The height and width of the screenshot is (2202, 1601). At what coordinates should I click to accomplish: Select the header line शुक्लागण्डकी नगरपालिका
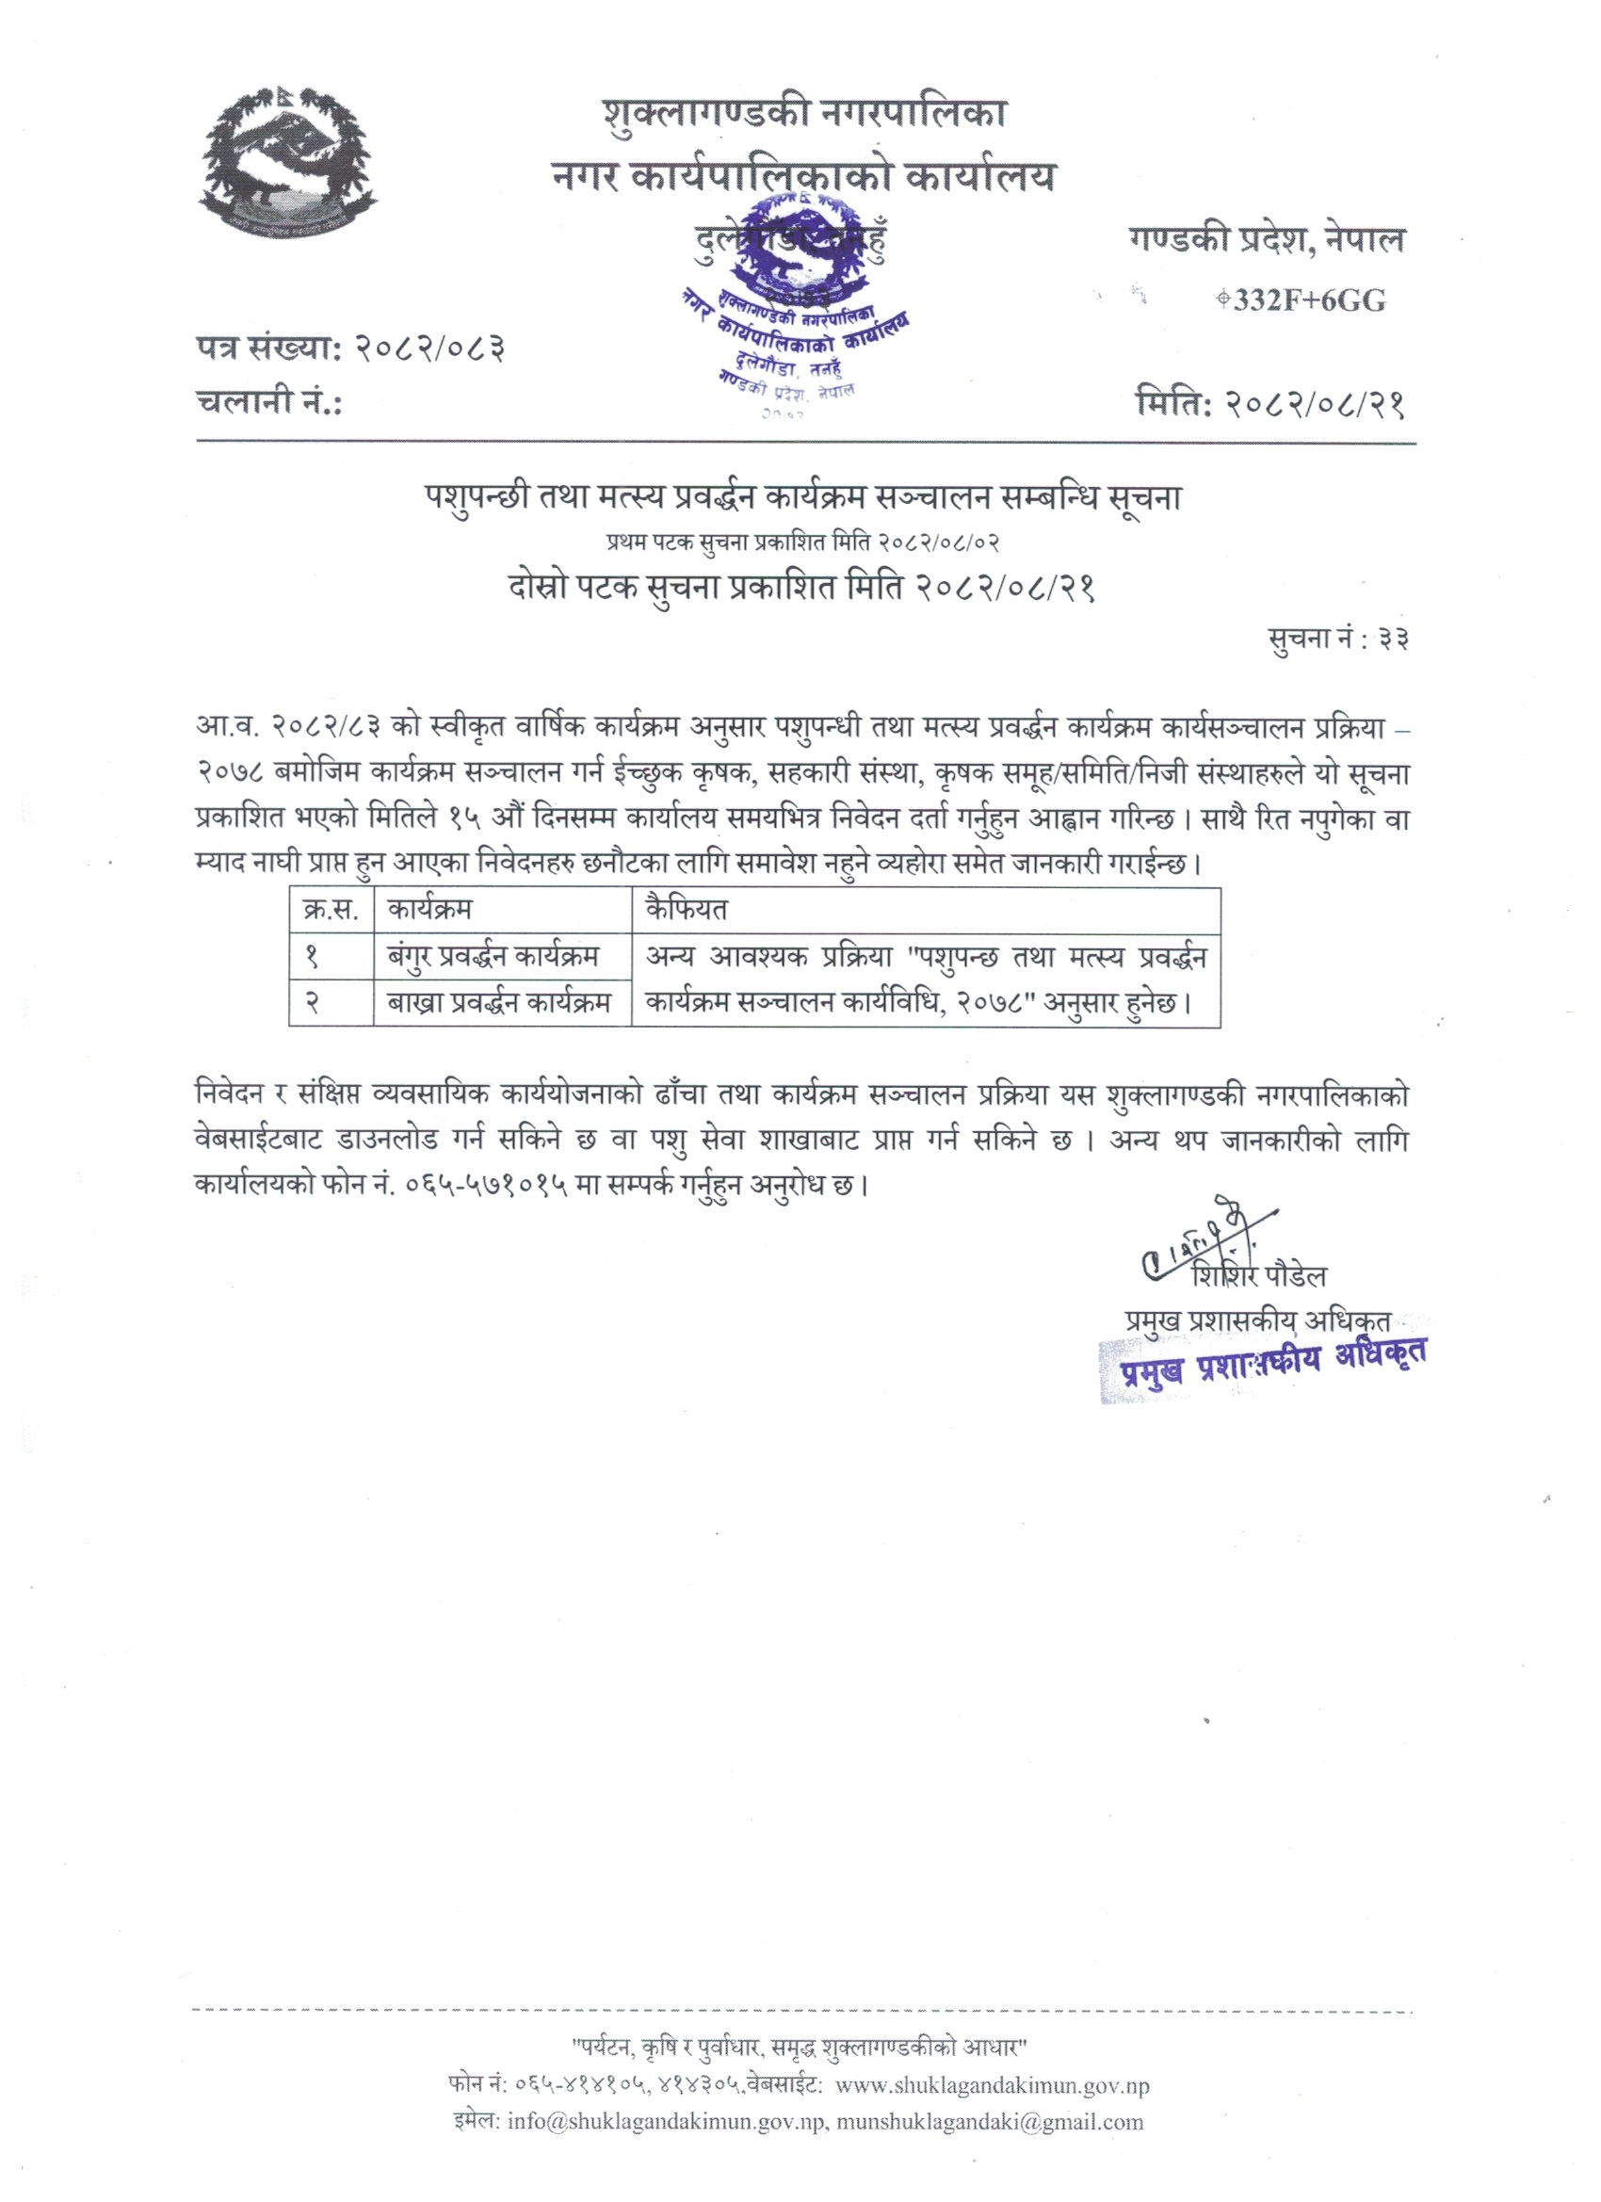(x=804, y=115)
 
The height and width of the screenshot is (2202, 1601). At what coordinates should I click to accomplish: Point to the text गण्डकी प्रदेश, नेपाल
(x=1267, y=239)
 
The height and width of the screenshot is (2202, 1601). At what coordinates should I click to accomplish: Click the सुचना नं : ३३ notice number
(x=1338, y=638)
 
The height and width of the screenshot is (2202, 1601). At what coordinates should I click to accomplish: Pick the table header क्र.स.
(x=331, y=910)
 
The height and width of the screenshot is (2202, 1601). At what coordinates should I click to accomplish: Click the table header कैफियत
(x=686, y=910)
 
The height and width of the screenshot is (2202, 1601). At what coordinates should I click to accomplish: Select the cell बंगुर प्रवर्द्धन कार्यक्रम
(x=493, y=956)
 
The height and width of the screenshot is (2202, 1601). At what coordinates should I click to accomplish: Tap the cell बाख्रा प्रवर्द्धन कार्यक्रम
(x=499, y=1003)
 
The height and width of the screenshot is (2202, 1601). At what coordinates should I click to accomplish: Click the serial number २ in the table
(x=313, y=1003)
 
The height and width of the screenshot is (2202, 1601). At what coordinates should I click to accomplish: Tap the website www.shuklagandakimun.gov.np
(x=992, y=2084)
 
